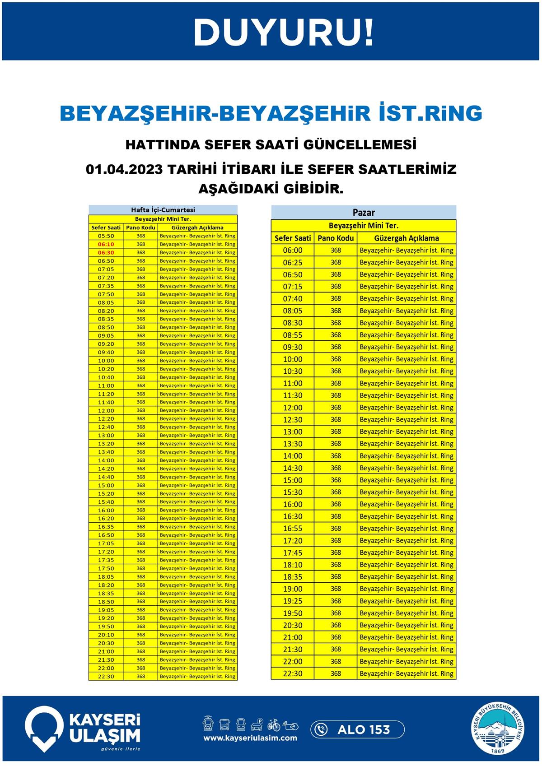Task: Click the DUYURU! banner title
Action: [x=284, y=32]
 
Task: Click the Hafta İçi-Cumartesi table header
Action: [x=163, y=210]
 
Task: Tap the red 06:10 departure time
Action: [x=106, y=244]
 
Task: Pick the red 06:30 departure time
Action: [x=106, y=253]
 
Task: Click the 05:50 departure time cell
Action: [x=106, y=236]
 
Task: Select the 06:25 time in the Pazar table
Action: [x=293, y=263]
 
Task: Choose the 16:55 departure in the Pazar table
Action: [x=293, y=529]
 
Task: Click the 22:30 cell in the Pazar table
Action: [x=293, y=674]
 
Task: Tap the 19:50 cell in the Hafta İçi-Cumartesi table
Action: [x=106, y=627]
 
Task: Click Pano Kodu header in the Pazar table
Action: [x=336, y=238]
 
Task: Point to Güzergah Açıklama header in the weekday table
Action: [x=197, y=227]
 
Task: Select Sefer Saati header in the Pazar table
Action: [x=293, y=238]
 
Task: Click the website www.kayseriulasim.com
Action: [x=250, y=738]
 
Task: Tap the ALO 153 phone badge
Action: [x=357, y=729]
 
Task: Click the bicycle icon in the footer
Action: [x=274, y=724]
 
